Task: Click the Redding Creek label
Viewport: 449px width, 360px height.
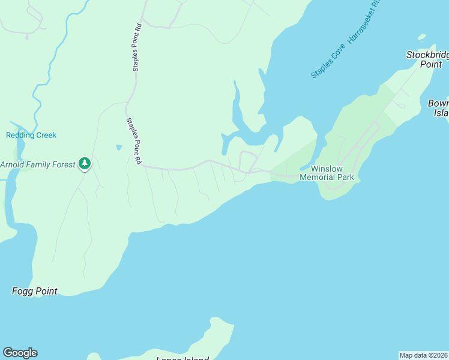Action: click(31, 135)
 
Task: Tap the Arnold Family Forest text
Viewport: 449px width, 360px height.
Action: click(38, 164)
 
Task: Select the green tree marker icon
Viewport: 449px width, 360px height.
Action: click(85, 163)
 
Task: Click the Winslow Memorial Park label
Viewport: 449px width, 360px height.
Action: click(327, 173)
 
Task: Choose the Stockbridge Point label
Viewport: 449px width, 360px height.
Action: click(427, 59)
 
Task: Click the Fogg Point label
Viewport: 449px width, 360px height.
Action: click(35, 291)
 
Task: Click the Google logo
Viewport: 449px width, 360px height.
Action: click(20, 353)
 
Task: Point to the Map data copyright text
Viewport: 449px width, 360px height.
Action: click(424, 355)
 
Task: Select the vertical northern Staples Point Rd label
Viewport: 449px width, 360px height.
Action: click(137, 48)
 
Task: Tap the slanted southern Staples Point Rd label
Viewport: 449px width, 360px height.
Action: click(133, 141)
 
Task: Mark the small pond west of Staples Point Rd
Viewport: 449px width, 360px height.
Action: click(119, 147)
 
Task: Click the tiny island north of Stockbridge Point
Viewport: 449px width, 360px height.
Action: click(422, 37)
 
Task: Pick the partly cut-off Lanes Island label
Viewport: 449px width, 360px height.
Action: click(182, 359)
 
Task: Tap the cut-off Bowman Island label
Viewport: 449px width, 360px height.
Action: click(439, 108)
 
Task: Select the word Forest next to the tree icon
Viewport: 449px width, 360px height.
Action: click(63, 164)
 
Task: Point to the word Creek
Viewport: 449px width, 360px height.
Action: click(46, 135)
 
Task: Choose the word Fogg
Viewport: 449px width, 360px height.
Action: click(23, 291)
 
